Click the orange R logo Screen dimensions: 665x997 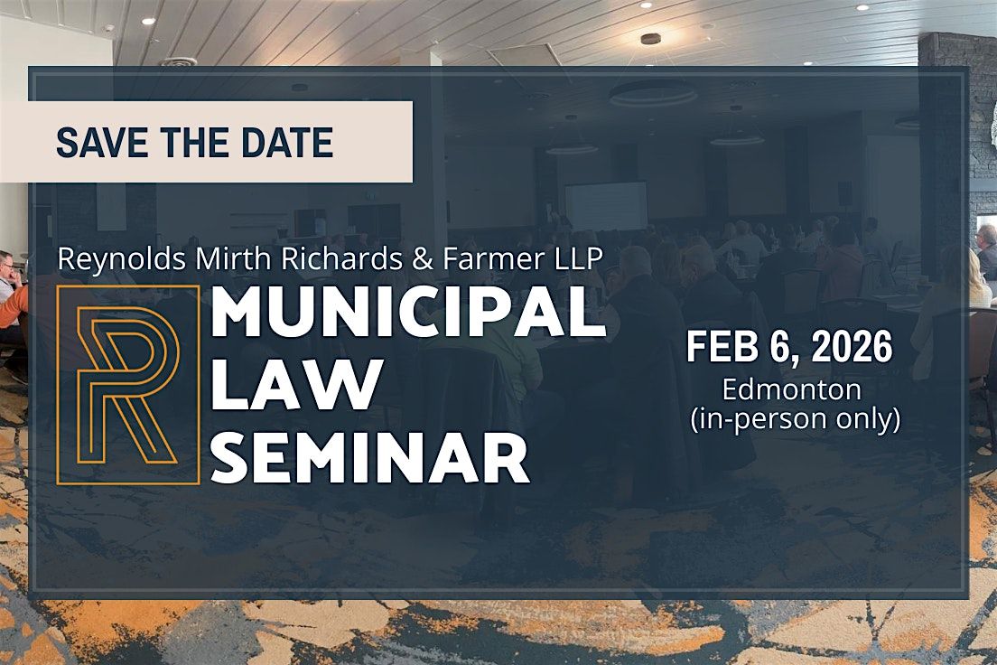tap(127, 384)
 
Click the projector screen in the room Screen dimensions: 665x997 tap(605, 205)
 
